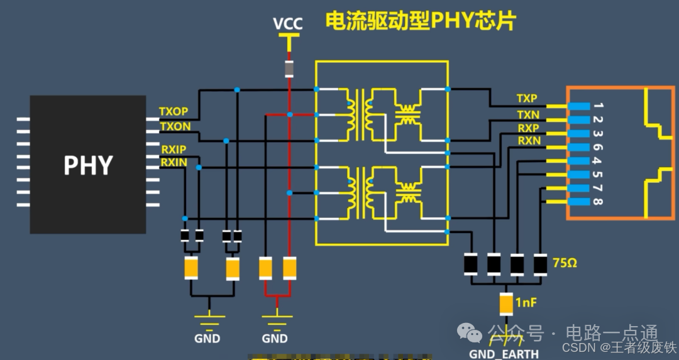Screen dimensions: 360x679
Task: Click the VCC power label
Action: point(288,24)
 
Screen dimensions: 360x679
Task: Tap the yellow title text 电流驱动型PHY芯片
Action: point(420,21)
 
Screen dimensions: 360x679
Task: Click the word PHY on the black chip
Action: point(88,165)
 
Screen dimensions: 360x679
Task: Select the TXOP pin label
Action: point(174,112)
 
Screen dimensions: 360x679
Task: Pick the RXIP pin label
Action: point(174,150)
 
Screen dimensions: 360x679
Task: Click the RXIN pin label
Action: point(174,163)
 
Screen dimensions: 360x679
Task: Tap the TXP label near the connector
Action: point(527,99)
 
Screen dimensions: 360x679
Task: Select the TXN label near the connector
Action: point(527,114)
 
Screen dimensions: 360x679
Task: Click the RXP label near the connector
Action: point(527,128)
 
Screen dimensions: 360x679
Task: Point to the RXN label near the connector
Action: point(528,141)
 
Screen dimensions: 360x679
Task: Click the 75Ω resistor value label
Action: point(563,263)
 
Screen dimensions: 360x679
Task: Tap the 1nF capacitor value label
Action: point(527,303)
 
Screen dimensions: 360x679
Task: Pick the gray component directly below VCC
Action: point(289,68)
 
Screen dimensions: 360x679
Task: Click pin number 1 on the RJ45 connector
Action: point(597,105)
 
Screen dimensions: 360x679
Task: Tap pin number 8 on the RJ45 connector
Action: point(597,202)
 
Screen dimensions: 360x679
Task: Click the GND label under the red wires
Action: point(275,339)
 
